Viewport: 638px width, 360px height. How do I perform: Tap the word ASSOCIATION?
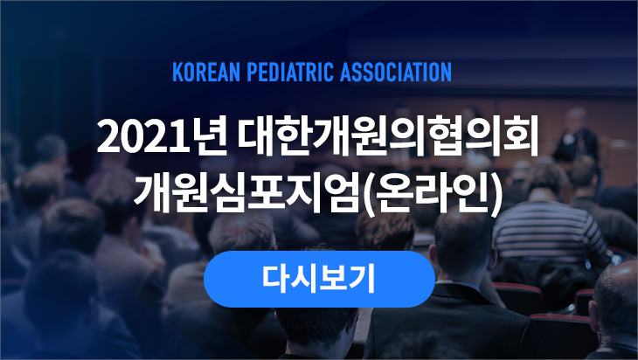[396, 72]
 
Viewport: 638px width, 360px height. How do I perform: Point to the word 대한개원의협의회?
[389, 135]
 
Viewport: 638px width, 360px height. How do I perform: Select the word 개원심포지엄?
[247, 193]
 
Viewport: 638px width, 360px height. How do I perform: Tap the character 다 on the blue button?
[274, 279]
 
